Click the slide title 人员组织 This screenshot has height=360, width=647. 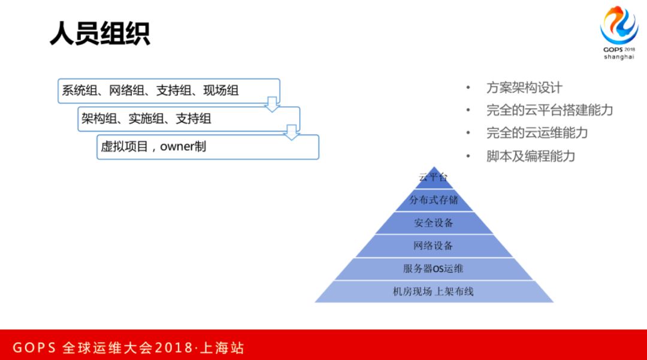coord(99,34)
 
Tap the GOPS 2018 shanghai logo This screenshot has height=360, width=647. coord(619,33)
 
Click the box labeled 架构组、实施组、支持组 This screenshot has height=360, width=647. coord(189,119)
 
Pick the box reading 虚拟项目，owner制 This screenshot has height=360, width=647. coord(207,147)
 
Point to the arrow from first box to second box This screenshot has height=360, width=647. coord(273,104)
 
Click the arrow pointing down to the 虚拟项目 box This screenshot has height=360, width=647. coord(292,132)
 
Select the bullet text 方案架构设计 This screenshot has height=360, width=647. coord(524,88)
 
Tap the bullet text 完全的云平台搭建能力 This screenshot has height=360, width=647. coord(549,110)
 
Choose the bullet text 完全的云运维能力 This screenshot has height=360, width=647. coord(537,133)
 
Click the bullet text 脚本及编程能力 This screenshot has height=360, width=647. coord(530,156)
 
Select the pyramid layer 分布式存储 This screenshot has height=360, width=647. coord(434,200)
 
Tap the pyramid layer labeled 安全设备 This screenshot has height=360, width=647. coord(434,223)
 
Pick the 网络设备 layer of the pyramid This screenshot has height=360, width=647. coord(433,246)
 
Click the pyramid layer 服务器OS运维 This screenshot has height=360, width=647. coord(433,269)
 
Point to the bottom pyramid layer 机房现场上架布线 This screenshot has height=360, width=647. coord(433,292)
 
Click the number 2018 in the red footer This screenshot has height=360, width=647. coord(173,348)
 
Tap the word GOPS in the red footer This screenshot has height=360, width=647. coord(35,348)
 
